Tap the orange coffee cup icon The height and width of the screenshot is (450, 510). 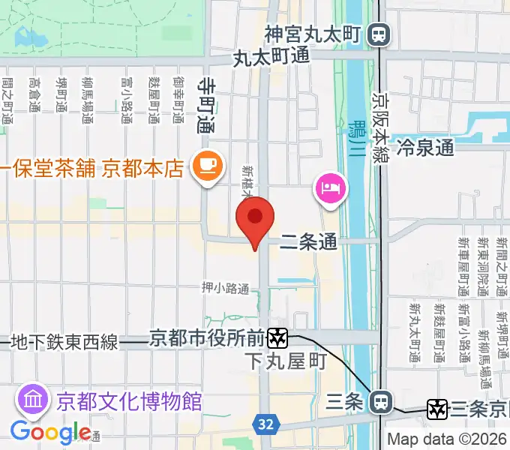[x=208, y=166]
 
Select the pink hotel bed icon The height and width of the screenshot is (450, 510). [x=331, y=185]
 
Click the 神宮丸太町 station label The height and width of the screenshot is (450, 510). [x=313, y=34]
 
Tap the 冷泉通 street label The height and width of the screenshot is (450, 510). [x=425, y=146]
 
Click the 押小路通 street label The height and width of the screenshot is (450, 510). [x=225, y=287]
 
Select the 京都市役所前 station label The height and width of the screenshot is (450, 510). [x=207, y=339]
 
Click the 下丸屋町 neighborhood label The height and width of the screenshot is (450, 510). [x=286, y=361]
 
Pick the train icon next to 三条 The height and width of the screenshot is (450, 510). [x=381, y=403]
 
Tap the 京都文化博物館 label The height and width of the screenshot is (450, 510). [x=129, y=400]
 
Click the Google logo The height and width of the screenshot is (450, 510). [x=50, y=433]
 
